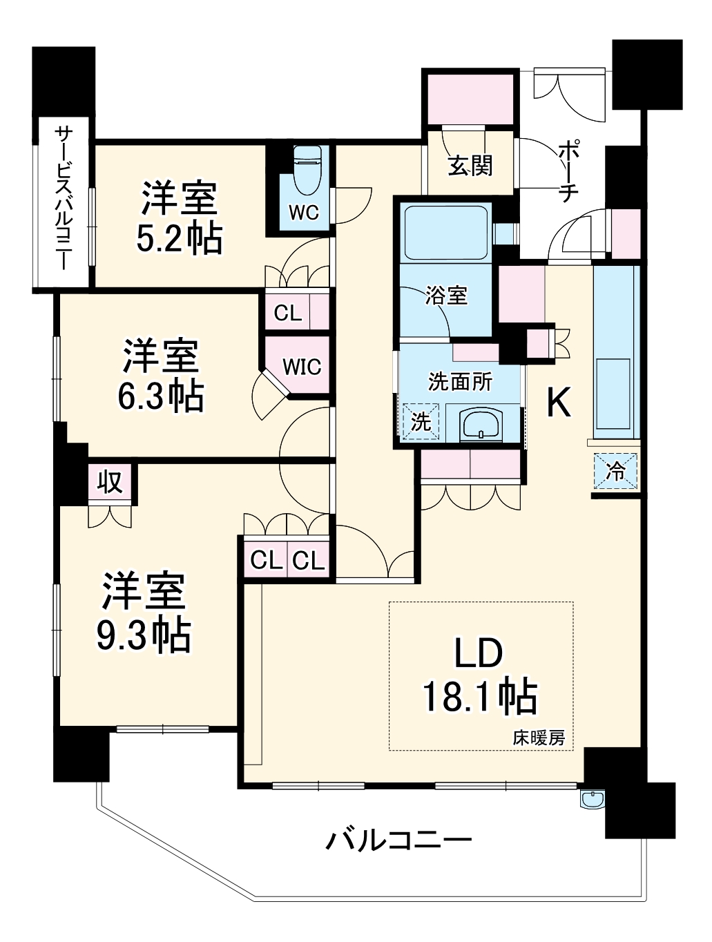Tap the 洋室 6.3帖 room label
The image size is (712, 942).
click(161, 375)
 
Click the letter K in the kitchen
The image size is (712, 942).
click(559, 403)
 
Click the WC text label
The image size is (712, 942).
click(304, 212)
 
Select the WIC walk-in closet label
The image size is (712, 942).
click(302, 367)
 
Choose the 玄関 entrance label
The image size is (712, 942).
click(470, 166)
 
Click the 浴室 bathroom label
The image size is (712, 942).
click(446, 295)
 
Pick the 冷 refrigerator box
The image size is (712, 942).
click(615, 471)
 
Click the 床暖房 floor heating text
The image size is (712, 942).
click(539, 738)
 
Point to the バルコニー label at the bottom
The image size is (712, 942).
click(399, 840)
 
